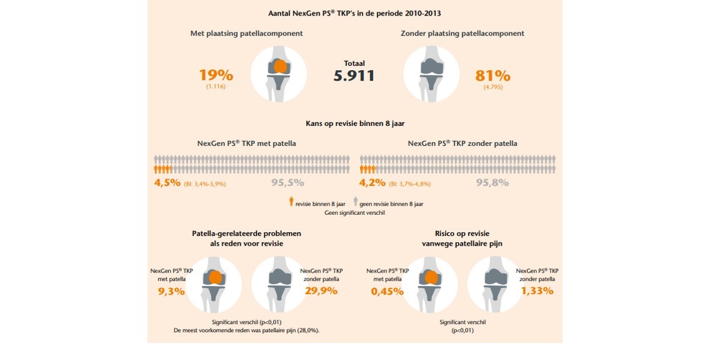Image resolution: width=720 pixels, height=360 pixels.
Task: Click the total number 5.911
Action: click(x=354, y=76)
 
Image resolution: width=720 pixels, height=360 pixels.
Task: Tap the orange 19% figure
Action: click(x=216, y=76)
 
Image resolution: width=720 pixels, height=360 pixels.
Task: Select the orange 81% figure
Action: click(x=493, y=76)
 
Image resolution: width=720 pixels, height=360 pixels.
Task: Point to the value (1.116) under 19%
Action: click(x=216, y=87)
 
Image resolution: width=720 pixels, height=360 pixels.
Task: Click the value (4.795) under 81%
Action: click(x=493, y=87)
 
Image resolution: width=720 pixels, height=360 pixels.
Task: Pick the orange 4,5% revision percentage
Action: click(x=167, y=182)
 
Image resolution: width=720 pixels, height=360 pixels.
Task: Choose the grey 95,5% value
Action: click(x=287, y=182)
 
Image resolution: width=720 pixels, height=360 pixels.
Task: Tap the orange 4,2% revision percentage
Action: click(x=372, y=182)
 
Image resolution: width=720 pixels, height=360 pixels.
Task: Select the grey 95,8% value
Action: click(x=492, y=182)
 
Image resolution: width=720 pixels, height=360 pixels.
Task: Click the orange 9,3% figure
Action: click(x=171, y=290)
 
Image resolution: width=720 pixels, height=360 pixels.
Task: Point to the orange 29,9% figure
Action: click(x=321, y=290)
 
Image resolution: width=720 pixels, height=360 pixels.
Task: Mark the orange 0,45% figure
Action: click(x=387, y=290)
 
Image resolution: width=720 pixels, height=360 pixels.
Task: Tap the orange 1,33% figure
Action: click(x=537, y=290)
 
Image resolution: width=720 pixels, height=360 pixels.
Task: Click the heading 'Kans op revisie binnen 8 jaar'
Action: click(x=355, y=123)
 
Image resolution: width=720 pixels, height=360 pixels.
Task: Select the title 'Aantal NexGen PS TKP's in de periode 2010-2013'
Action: click(x=355, y=13)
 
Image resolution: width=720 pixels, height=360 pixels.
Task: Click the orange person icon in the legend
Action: click(x=291, y=202)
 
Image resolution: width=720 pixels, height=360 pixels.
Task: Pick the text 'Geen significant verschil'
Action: click(x=355, y=212)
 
